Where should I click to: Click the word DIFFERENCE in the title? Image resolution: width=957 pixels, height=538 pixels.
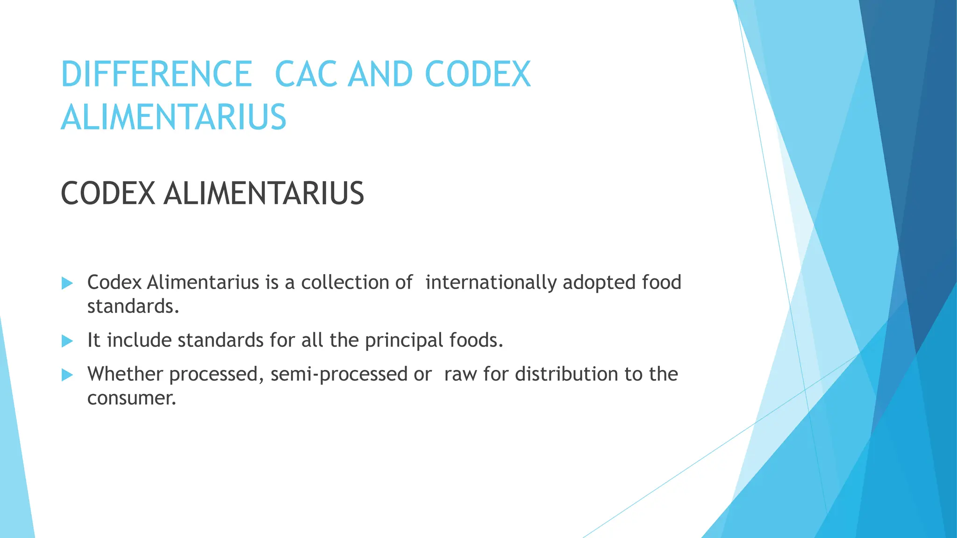[157, 74]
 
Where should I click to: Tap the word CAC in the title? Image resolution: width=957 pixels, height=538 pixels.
[306, 74]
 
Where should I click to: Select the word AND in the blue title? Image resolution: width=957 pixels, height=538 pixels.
[380, 74]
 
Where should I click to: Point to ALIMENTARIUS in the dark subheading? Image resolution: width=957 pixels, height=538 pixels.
[264, 194]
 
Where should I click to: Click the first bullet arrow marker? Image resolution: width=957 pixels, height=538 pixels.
[67, 283]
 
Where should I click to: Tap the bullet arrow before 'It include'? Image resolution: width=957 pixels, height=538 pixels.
[67, 341]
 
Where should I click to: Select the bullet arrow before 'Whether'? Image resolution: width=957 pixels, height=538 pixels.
[67, 375]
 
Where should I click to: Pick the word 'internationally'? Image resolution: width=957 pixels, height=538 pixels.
[491, 282]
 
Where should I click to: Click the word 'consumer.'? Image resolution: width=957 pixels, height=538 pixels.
[132, 398]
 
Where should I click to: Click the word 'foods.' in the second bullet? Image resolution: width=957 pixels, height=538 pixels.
[476, 340]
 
